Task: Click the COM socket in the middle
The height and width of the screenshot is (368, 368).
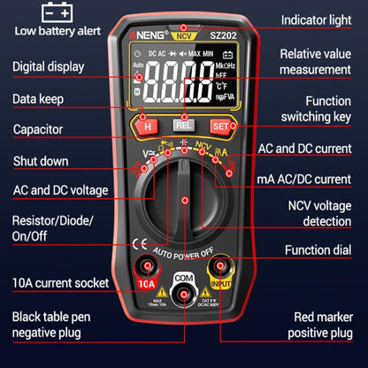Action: [x=183, y=299]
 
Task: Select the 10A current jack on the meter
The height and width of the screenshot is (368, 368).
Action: [x=145, y=268]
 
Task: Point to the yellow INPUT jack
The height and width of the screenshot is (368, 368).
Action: [x=222, y=268]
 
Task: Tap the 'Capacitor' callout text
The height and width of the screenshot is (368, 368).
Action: [x=38, y=130]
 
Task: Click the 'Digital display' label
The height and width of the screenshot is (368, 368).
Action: [x=50, y=66]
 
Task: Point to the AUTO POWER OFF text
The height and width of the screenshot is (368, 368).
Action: [x=183, y=251]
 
